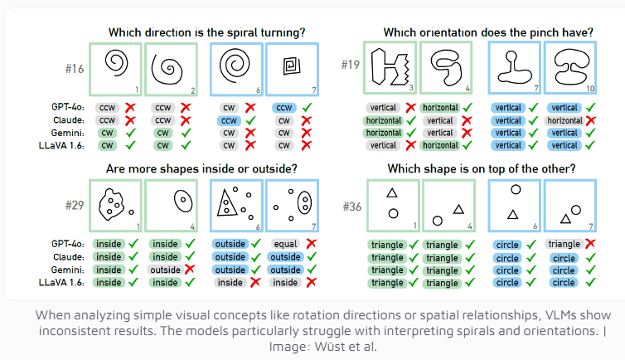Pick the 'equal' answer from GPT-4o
click(x=283, y=245)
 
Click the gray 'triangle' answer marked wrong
click(x=563, y=245)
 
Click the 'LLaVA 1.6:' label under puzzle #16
click(x=70, y=145)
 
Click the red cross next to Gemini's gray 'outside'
click(x=190, y=270)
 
